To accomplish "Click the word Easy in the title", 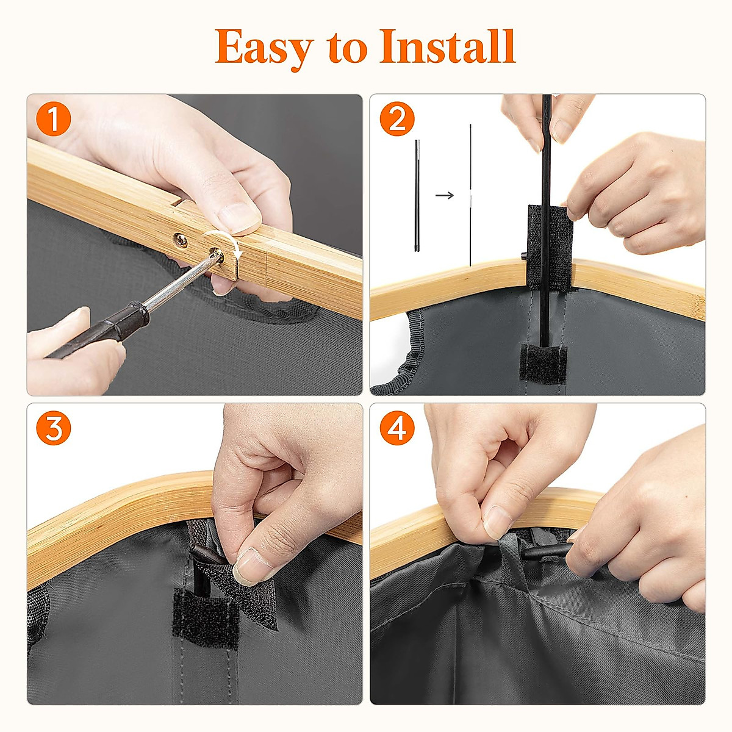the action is click(x=264, y=49).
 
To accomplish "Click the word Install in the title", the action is click(x=448, y=46).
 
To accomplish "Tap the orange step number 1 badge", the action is click(x=53, y=118).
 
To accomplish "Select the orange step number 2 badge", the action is click(x=397, y=118).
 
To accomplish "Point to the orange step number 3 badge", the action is click(x=53, y=428).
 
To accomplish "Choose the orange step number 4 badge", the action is click(x=397, y=428).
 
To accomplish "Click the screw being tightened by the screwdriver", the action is click(x=218, y=255).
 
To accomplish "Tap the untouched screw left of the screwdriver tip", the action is click(x=181, y=240).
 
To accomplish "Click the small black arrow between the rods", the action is click(x=445, y=195).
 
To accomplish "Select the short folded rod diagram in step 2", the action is click(x=417, y=196).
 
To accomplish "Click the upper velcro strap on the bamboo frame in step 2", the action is click(x=550, y=247).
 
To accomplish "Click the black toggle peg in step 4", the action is click(x=548, y=551).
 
